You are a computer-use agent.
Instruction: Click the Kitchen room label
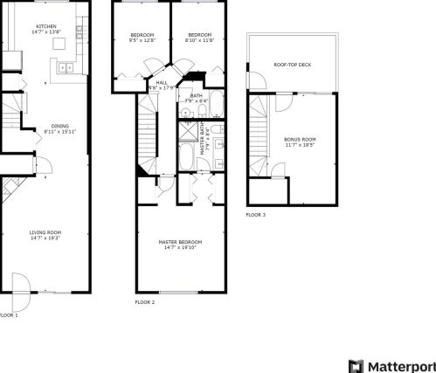pos(47,26)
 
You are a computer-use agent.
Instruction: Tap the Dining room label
pos(59,126)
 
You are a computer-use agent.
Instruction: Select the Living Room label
pos(47,232)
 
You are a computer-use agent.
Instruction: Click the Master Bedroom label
pos(180,241)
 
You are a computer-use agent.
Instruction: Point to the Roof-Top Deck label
pos(292,64)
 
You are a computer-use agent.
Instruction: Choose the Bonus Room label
pos(300,139)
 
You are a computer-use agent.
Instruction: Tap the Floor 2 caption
pos(144,302)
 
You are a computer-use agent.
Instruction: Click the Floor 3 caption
pos(255,214)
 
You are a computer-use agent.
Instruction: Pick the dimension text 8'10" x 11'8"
pos(199,41)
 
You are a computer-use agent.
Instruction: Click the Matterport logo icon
pos(355,364)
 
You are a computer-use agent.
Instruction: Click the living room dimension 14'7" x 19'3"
pos(47,238)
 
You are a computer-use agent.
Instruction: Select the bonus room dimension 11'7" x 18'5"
pos(300,144)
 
